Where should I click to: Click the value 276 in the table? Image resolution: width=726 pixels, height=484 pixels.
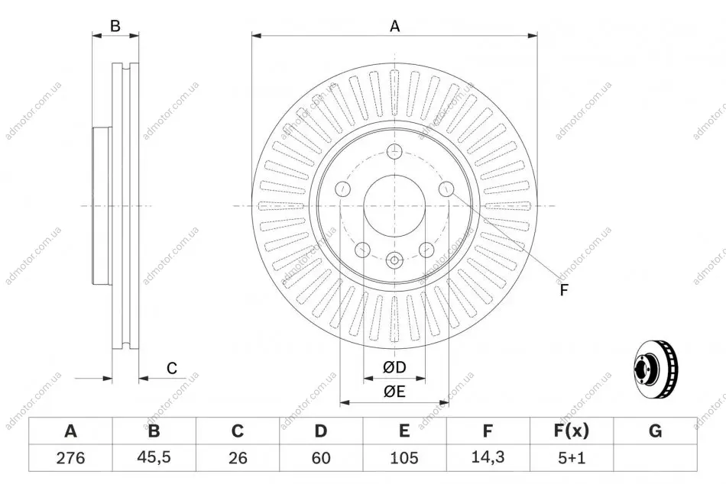point(70,458)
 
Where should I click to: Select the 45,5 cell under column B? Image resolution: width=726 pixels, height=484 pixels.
point(154,457)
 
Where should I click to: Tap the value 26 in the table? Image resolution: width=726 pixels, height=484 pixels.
point(238,458)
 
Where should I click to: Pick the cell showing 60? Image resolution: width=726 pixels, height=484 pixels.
point(321,458)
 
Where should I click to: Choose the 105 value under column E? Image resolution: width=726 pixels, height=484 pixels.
point(404,458)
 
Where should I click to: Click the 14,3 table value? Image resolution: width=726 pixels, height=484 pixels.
point(488,457)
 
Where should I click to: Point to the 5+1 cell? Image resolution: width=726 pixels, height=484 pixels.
point(572,458)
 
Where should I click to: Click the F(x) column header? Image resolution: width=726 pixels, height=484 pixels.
point(572,431)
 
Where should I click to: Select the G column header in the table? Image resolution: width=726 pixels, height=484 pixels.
point(655,431)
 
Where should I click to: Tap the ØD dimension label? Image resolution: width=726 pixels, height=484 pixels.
point(394,367)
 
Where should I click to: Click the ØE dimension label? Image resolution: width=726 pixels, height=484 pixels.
point(394,392)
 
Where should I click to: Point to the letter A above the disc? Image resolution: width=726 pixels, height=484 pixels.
point(394,27)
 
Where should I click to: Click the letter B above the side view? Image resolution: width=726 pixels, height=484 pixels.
point(115,26)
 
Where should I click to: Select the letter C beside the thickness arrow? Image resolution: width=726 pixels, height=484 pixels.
point(172,368)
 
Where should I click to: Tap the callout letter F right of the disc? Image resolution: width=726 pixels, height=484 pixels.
point(563,290)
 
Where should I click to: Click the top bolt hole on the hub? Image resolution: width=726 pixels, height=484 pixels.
point(394,151)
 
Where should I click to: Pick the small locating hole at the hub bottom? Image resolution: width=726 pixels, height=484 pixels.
point(394,260)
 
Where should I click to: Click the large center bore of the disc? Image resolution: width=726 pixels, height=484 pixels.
point(394,205)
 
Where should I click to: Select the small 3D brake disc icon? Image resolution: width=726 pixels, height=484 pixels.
point(655,369)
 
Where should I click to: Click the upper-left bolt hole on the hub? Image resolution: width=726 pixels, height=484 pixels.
point(342,189)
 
